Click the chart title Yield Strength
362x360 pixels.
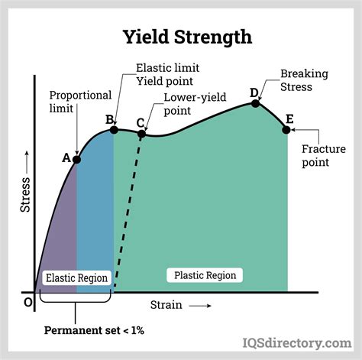tap(187, 37)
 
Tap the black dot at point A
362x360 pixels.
tap(76, 160)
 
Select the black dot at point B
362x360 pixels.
tap(114, 130)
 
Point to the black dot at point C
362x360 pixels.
tap(141, 134)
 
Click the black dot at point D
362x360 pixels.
tap(256, 103)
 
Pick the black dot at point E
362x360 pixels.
tap(286, 130)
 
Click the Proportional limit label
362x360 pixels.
tap(80, 102)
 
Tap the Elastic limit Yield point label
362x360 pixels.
tap(168, 75)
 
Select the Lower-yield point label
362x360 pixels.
tap(195, 104)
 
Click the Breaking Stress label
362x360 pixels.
tap(304, 80)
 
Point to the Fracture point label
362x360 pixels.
tap(324, 155)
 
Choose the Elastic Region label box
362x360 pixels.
tap(76, 277)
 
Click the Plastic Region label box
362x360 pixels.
tap(205, 275)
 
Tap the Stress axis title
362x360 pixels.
tap(25, 195)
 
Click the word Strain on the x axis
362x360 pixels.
tap(166, 305)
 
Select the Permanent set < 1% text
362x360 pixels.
tap(94, 330)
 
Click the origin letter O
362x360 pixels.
tap(28, 303)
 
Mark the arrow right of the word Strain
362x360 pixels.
tap(200, 306)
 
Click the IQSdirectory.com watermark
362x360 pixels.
tap(297, 343)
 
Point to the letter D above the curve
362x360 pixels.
tap(254, 93)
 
